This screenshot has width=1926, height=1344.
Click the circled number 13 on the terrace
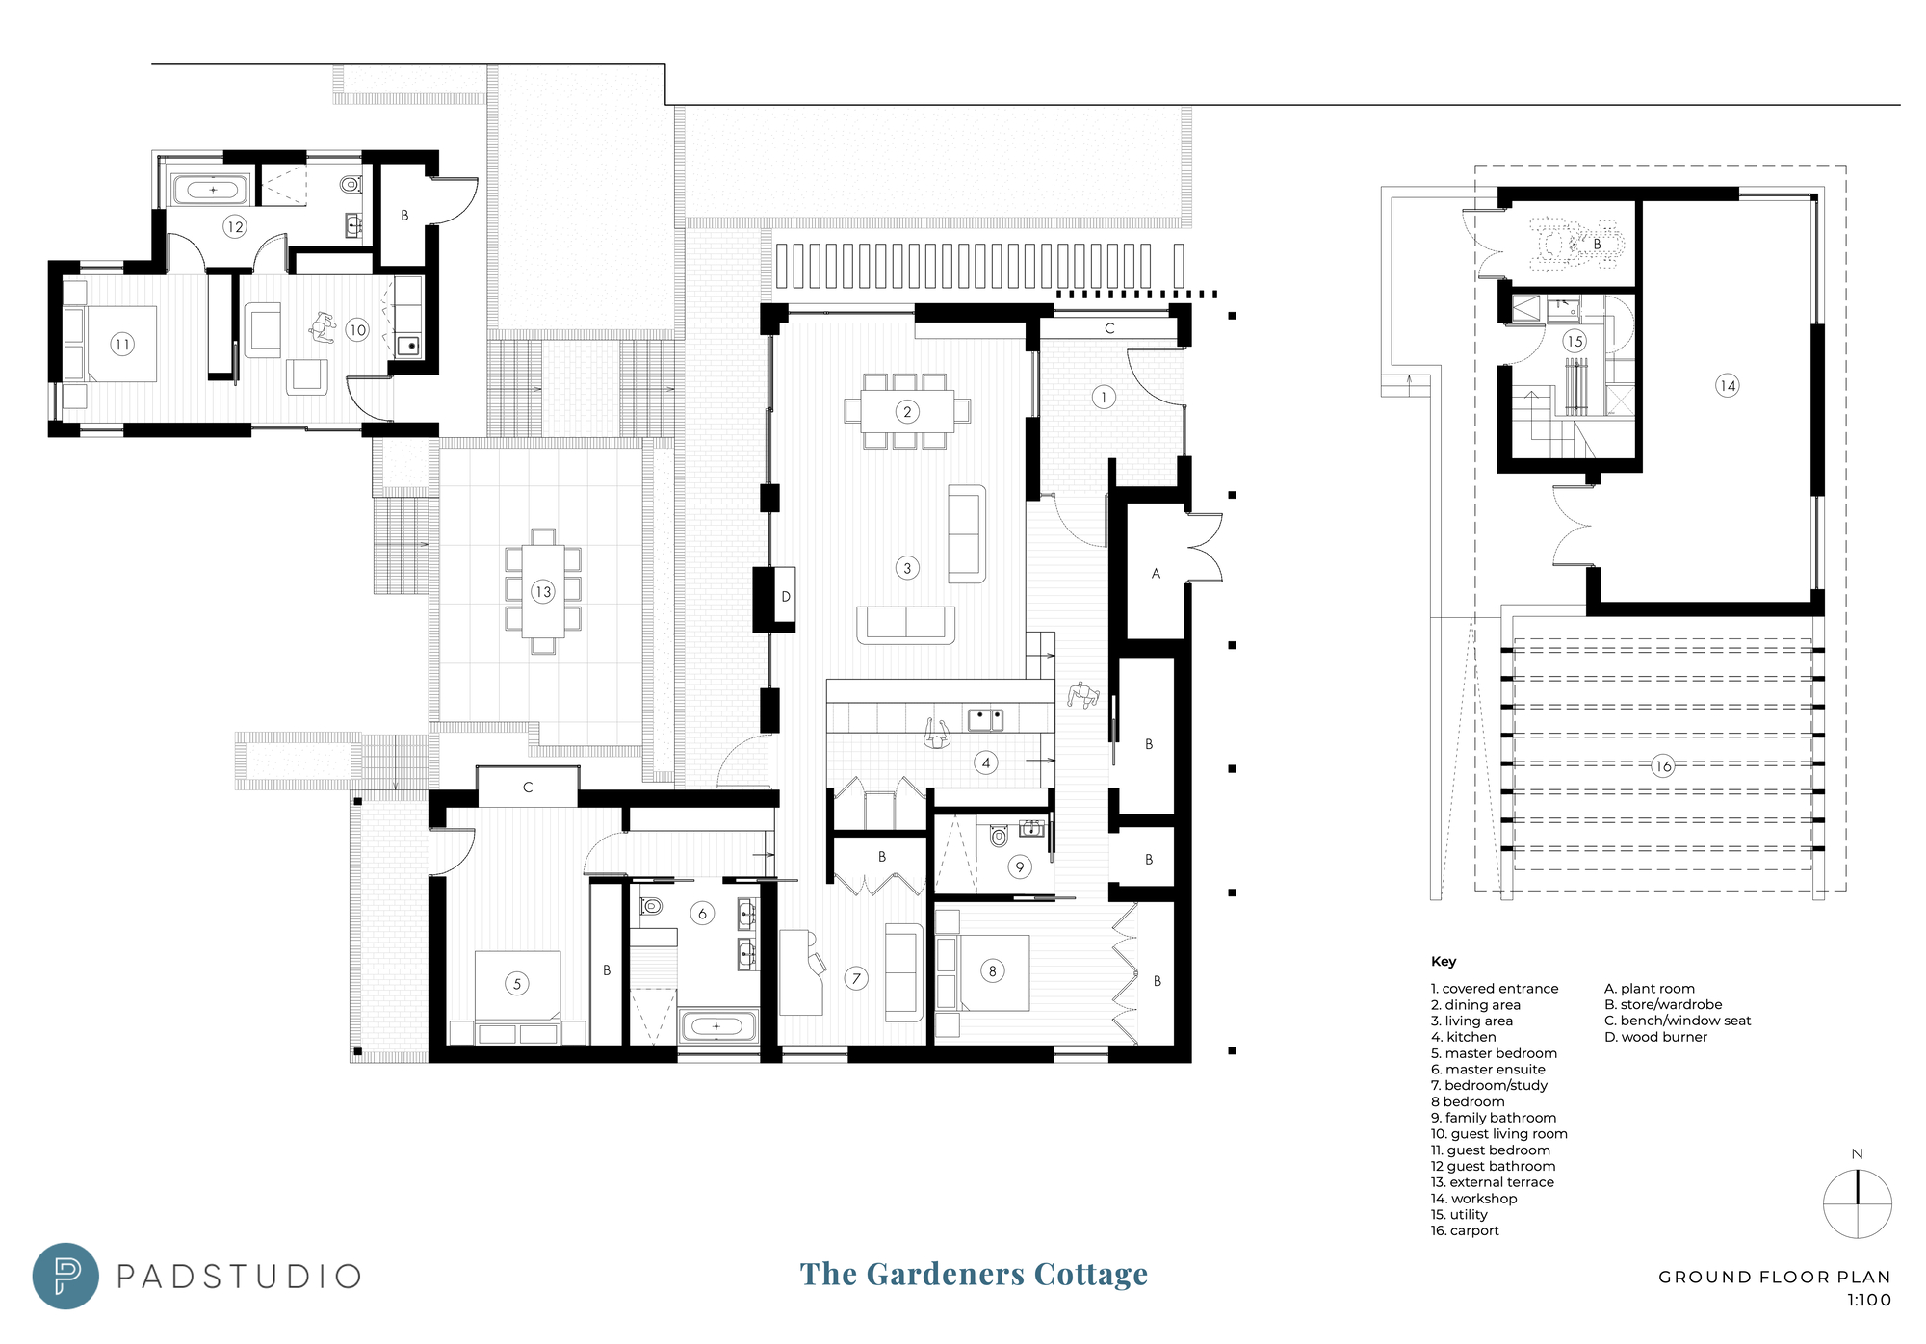click(x=543, y=592)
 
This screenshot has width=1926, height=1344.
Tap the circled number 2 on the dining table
click(x=907, y=412)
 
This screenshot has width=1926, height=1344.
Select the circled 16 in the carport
click(x=1663, y=766)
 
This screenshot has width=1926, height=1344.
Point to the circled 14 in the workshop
click(x=1728, y=386)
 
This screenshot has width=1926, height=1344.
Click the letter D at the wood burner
click(x=786, y=597)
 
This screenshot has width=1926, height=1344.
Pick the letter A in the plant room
click(x=1156, y=574)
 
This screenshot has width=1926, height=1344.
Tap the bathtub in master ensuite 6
click(x=717, y=1026)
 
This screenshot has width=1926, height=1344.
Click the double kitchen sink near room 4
click(x=985, y=719)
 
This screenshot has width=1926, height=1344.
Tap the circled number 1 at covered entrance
click(x=1104, y=397)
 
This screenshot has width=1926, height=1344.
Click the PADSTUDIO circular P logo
click(x=65, y=1276)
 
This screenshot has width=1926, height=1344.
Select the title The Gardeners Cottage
click(x=974, y=1274)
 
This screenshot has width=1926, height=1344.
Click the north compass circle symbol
click(x=1857, y=1203)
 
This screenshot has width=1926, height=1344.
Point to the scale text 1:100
click(x=1868, y=1301)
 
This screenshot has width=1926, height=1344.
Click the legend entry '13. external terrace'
click(x=1493, y=1182)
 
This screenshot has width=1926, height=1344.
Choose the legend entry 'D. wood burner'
click(x=1655, y=1037)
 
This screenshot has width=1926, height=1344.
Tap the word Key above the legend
click(x=1444, y=962)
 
